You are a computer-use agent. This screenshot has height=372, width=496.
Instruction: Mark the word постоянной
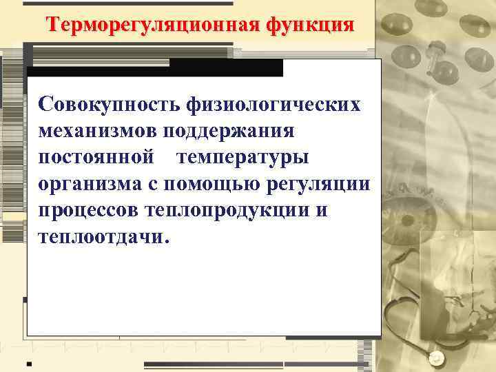(96, 157)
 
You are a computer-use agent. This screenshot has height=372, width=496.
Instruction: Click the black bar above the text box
(155, 68)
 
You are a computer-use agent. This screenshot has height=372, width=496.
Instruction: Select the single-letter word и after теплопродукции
(322, 210)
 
